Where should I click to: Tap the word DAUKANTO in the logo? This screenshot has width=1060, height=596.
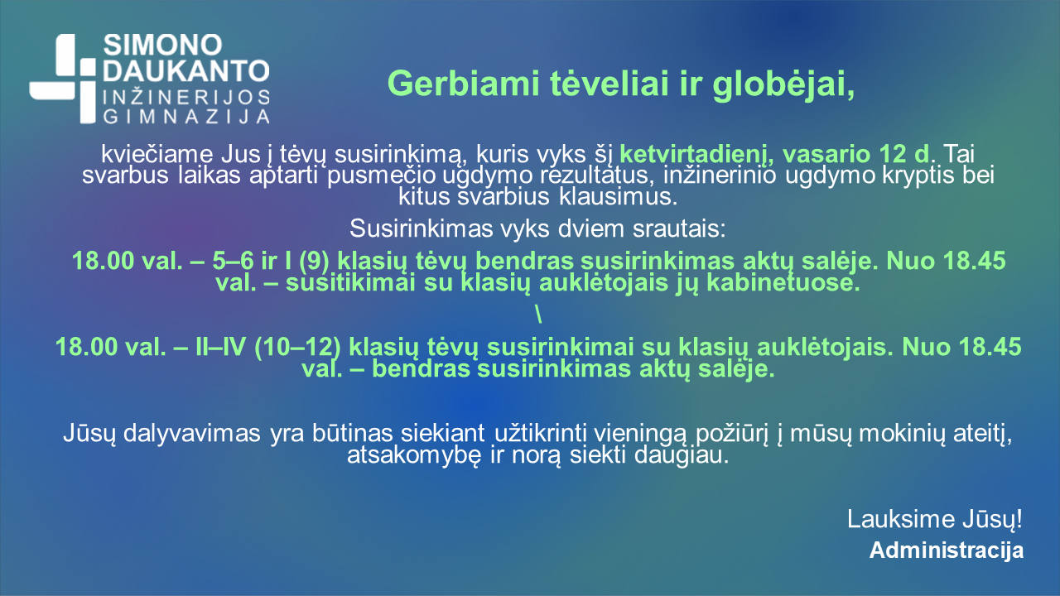[185, 71]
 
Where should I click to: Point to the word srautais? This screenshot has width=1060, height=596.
[677, 228]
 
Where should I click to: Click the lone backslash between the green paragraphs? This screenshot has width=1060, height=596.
[538, 315]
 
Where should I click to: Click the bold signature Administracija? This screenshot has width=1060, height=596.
[946, 550]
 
